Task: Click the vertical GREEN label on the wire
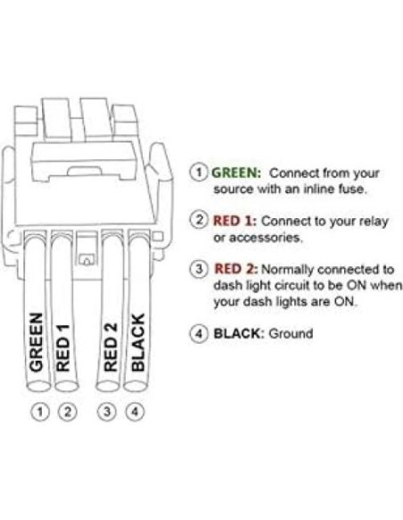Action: click(x=37, y=342)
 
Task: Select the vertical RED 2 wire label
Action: click(x=111, y=343)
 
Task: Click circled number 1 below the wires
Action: click(x=37, y=412)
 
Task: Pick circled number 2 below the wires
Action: click(x=64, y=412)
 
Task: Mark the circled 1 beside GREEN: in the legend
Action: click(x=201, y=173)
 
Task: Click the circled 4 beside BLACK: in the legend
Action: click(x=201, y=334)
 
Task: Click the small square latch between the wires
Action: click(x=87, y=260)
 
